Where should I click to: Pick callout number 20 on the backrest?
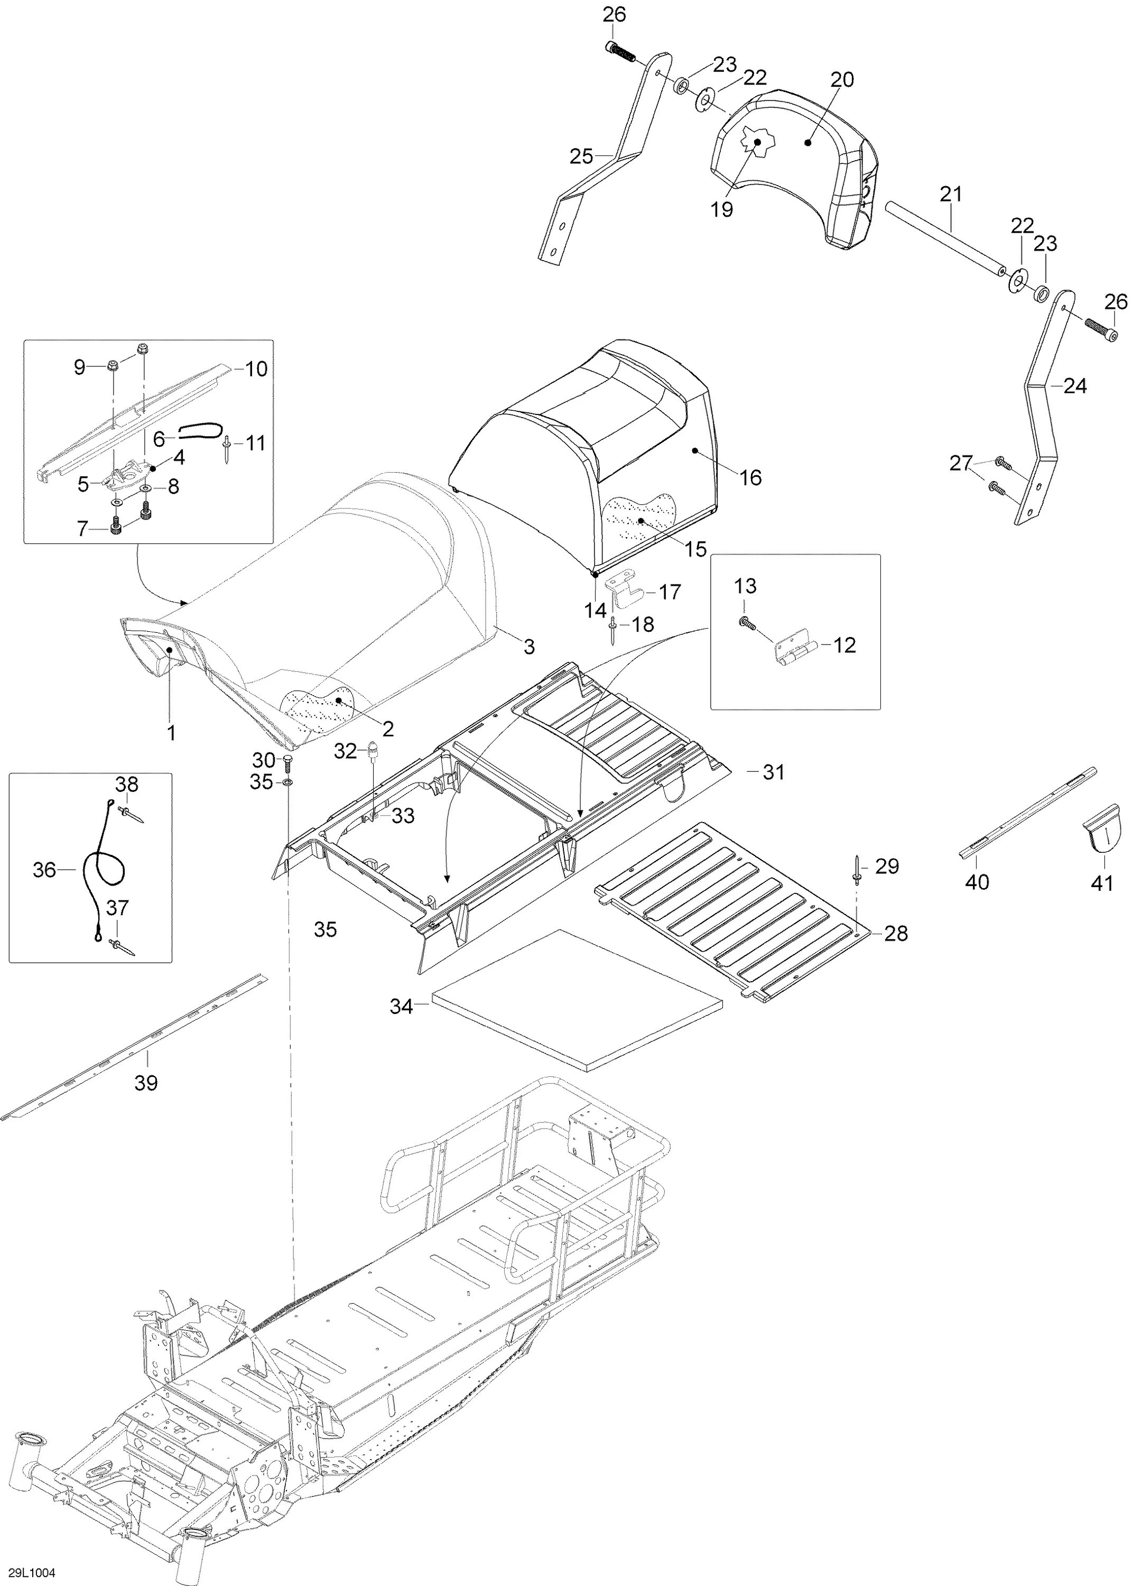tap(842, 79)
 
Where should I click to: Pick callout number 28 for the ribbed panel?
tap(896, 933)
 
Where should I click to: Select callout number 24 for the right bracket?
tap(1074, 385)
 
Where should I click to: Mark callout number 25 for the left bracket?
tap(581, 156)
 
